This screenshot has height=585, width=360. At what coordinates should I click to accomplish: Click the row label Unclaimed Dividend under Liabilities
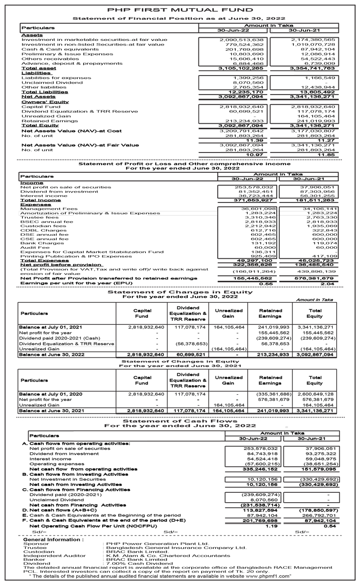pos(52,82)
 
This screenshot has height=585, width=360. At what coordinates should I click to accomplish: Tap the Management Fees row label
pos(49,209)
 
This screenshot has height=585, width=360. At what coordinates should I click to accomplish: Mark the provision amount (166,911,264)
pos(254,272)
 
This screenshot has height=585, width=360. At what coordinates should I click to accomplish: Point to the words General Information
pos(53,539)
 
